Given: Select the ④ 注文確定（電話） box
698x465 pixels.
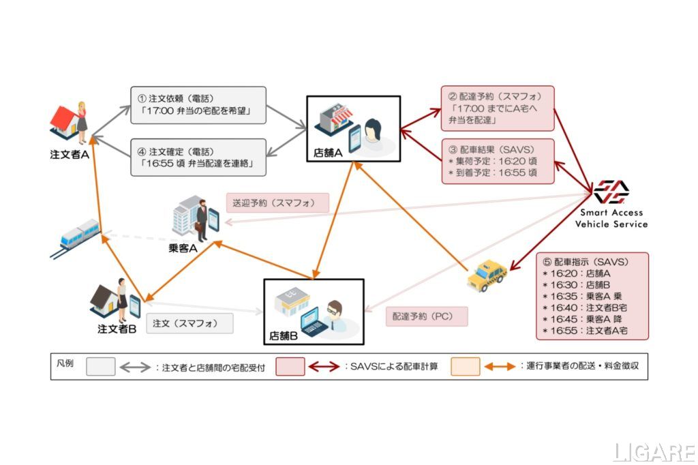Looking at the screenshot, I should [198, 157].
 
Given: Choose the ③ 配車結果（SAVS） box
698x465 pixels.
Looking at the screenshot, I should [498, 161].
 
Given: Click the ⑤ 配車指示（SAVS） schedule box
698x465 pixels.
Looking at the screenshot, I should [592, 295].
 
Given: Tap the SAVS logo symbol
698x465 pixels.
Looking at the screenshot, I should [611, 192].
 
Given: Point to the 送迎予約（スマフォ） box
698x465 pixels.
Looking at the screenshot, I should [277, 202].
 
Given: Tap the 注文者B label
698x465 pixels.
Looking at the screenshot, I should [117, 329].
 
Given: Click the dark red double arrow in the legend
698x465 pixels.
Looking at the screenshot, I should [324, 367].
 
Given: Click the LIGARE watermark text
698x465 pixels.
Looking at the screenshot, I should [652, 452].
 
